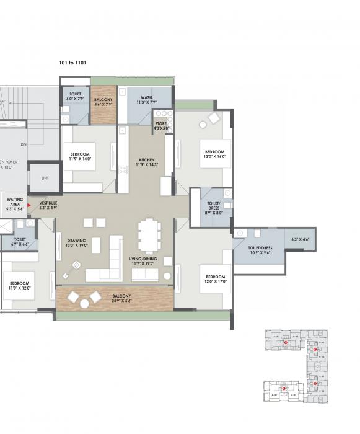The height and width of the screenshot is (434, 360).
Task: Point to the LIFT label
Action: [x=45, y=178]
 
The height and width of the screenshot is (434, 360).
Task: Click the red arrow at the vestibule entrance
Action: [x=29, y=203]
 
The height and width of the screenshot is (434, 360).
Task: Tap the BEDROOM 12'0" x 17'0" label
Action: [x=215, y=278]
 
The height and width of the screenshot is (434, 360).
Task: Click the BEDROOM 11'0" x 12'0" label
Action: [x=19, y=285]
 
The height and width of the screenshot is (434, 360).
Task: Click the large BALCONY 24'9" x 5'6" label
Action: [x=121, y=299]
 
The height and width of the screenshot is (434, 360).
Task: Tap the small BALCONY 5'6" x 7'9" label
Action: [x=103, y=102]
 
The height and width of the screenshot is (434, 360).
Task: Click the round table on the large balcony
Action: [x=85, y=303]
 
